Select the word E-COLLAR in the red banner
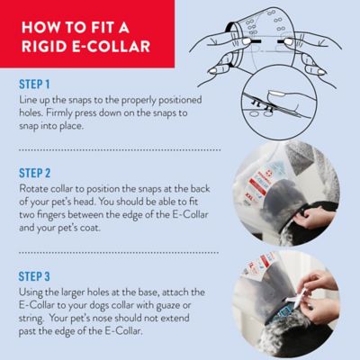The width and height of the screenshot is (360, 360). pyautogui.click(x=113, y=46)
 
